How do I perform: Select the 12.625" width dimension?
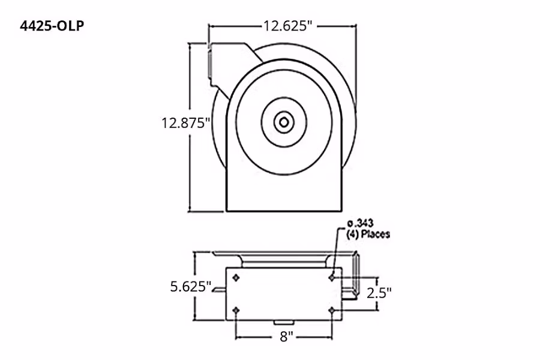click(x=287, y=26)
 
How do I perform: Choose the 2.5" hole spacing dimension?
click(x=381, y=293)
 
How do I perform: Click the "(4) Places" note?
click(x=368, y=234)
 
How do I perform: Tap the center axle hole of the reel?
click(x=283, y=122)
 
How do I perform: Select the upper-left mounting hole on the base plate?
click(x=236, y=277)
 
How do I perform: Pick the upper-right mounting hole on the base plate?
click(x=332, y=277)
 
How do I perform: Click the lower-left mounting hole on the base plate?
click(x=236, y=310)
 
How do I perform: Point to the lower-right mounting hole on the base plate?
click(x=332, y=310)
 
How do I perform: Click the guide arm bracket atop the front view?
click(x=231, y=63)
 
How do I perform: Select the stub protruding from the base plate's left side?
click(x=220, y=290)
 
